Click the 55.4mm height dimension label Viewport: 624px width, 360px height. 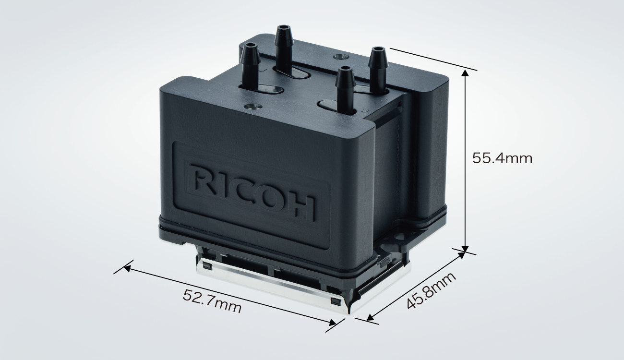tap(502, 158)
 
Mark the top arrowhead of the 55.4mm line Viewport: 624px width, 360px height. tap(465, 72)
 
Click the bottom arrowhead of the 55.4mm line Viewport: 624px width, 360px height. tap(465, 248)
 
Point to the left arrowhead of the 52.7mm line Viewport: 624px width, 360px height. tap(127, 267)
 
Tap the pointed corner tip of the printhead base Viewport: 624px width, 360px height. tap(349, 312)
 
